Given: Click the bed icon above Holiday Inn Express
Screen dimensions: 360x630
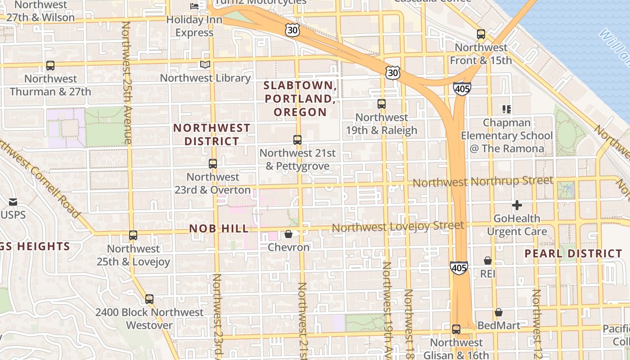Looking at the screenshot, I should point(194,6).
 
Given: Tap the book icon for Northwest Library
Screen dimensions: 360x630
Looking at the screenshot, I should point(205,65).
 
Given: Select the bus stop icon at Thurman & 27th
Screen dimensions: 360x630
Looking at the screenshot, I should point(50,66).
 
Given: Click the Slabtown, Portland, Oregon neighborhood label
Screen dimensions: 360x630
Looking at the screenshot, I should point(300,99).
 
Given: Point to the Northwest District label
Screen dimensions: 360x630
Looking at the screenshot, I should point(212,135).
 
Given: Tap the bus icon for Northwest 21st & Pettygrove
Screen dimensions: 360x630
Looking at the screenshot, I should point(297,140).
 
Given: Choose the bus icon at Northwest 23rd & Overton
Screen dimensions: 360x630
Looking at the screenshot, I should point(213,164).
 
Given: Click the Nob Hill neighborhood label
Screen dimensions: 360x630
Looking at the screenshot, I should point(219,229).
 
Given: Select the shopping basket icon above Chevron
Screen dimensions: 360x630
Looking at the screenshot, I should point(288,234).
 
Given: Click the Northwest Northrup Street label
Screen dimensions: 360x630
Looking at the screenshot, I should point(483,181).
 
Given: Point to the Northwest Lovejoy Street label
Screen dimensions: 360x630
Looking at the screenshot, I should point(398,226).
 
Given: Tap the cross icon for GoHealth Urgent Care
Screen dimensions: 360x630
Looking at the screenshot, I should point(517,206).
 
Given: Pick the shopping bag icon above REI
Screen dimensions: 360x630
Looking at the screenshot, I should point(488,261).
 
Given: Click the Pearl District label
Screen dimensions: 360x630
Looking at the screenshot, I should point(573,253).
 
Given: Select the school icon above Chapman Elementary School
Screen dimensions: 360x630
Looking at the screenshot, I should point(507,109).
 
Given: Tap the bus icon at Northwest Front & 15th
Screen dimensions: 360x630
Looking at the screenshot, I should point(481,34).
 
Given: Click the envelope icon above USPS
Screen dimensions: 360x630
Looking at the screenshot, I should point(13,202).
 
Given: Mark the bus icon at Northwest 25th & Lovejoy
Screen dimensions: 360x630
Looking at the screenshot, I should point(133,235).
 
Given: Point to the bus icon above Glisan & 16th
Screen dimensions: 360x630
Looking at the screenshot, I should point(456,329).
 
